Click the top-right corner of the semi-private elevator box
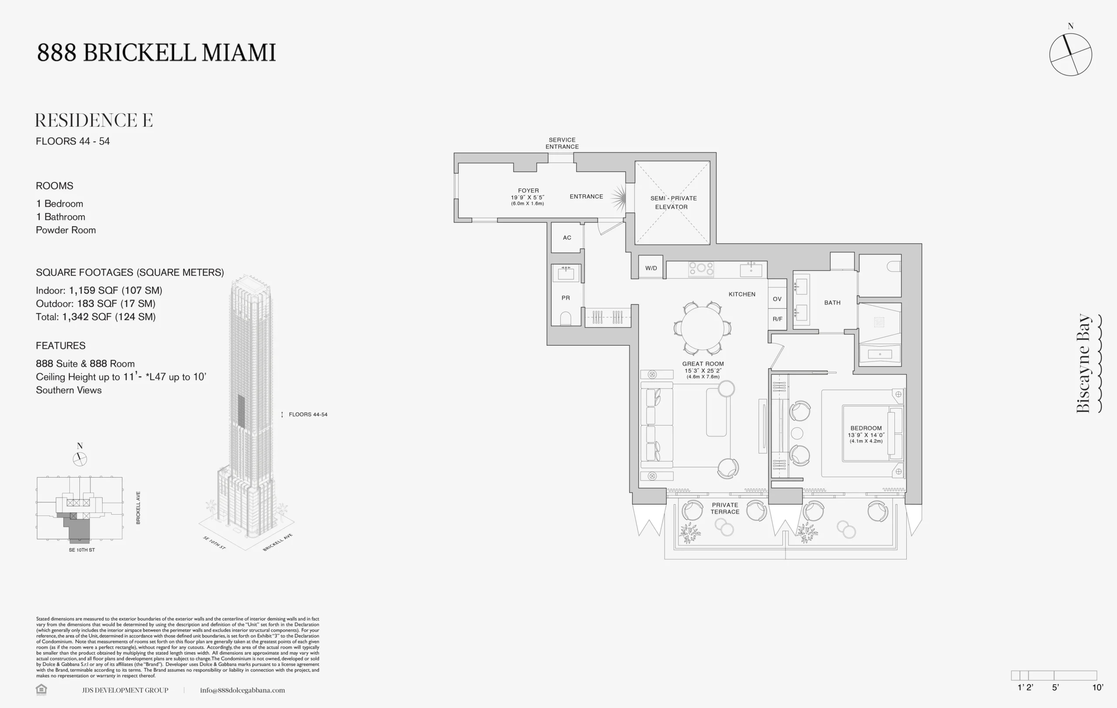click(710, 161)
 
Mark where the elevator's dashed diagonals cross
click(672, 203)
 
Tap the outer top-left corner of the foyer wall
click(454, 153)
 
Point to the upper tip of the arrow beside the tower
click(282, 411)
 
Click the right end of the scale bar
click(1096, 676)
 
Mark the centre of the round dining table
click(702, 328)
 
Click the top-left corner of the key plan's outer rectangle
click(37, 477)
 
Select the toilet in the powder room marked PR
click(565, 319)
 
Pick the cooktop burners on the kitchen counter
click(701, 268)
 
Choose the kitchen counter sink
click(751, 269)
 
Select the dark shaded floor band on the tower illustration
click(241, 411)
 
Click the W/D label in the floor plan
click(651, 268)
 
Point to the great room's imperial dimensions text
click(703, 371)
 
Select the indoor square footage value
click(116, 290)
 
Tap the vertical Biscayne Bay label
click(1083, 363)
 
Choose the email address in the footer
click(242, 691)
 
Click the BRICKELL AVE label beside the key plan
click(138, 508)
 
